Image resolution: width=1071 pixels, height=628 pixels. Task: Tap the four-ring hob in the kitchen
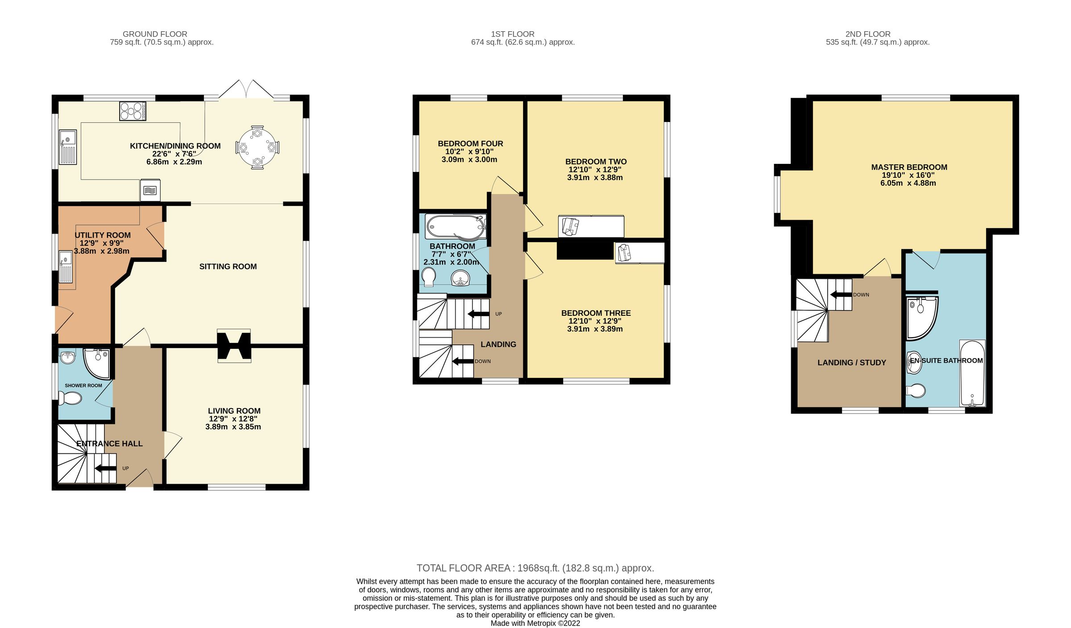133,111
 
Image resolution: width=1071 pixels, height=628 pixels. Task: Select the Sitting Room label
228,267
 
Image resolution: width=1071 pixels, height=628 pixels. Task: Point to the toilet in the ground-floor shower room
71,398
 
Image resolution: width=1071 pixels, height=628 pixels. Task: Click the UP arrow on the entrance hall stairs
105,469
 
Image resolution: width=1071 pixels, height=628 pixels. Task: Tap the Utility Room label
103,235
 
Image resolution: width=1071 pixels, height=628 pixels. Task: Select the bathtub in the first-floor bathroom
455,227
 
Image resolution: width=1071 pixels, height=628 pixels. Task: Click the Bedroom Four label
470,144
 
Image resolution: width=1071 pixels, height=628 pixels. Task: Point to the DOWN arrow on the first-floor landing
463,361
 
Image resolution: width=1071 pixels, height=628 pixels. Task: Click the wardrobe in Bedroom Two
591,226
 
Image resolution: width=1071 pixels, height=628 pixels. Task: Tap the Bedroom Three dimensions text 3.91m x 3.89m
595,329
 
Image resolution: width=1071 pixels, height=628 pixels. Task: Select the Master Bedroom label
909,167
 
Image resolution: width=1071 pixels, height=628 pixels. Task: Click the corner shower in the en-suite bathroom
920,318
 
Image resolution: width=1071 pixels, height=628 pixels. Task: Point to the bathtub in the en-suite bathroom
972,373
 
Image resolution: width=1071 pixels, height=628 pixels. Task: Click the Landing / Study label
851,363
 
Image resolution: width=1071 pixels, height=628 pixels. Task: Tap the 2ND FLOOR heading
868,34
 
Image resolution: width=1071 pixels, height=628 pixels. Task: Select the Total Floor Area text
535,568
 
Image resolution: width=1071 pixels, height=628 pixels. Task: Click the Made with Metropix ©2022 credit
535,624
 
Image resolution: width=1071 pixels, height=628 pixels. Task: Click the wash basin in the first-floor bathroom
460,280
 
